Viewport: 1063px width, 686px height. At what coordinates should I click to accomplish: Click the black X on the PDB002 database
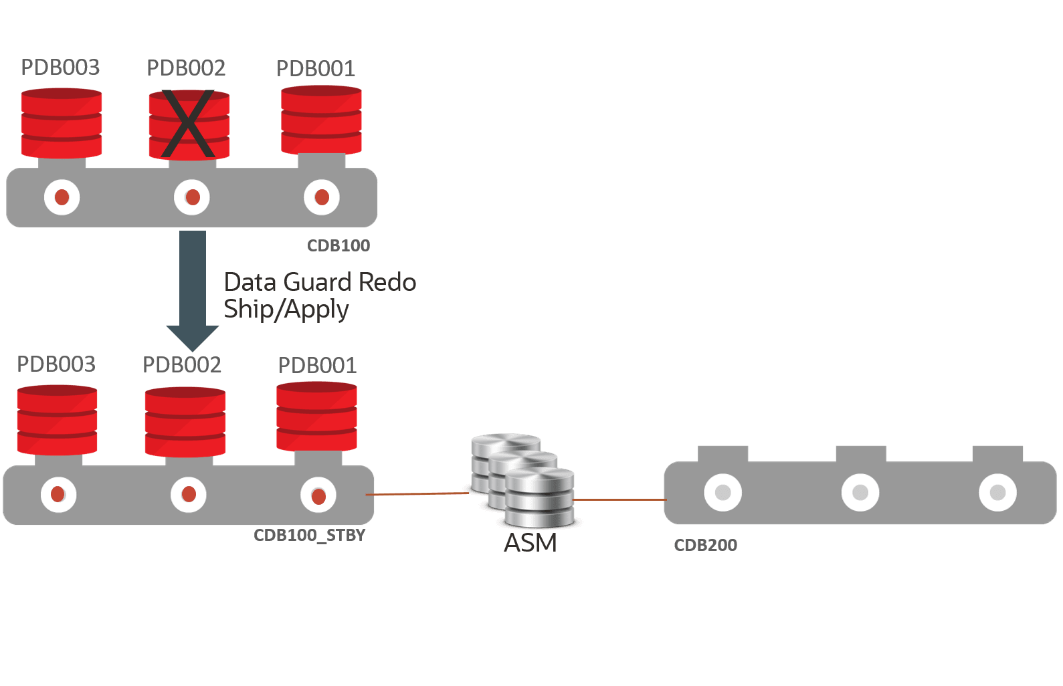click(x=188, y=124)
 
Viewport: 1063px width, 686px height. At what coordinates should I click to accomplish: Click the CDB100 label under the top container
click(x=339, y=245)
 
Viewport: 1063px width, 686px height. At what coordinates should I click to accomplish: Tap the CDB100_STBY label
click(x=309, y=536)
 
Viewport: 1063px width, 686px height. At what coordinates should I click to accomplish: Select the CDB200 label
click(x=706, y=545)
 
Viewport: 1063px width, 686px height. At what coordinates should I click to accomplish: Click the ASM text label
click(x=530, y=543)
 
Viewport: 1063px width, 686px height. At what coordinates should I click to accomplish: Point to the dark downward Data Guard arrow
click(x=193, y=288)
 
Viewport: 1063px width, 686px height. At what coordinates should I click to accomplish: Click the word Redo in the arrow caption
click(x=387, y=282)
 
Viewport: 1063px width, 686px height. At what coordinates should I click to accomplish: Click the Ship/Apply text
click(x=286, y=310)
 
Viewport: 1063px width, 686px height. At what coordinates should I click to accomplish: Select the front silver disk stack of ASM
click(x=540, y=497)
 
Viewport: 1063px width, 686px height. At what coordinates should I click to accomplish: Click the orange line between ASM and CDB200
click(x=619, y=499)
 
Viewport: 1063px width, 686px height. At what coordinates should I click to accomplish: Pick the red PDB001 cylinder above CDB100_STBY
click(x=316, y=416)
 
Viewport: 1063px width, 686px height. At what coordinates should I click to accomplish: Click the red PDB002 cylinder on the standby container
click(x=185, y=421)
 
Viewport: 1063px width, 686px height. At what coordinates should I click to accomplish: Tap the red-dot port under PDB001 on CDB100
click(x=322, y=197)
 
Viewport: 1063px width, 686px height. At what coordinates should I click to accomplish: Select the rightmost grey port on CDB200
click(x=997, y=493)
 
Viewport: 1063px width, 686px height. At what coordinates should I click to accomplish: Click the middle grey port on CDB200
click(x=860, y=493)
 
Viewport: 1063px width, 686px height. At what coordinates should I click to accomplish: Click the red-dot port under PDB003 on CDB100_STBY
click(x=58, y=495)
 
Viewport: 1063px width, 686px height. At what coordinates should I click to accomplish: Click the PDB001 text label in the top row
click(x=315, y=68)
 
